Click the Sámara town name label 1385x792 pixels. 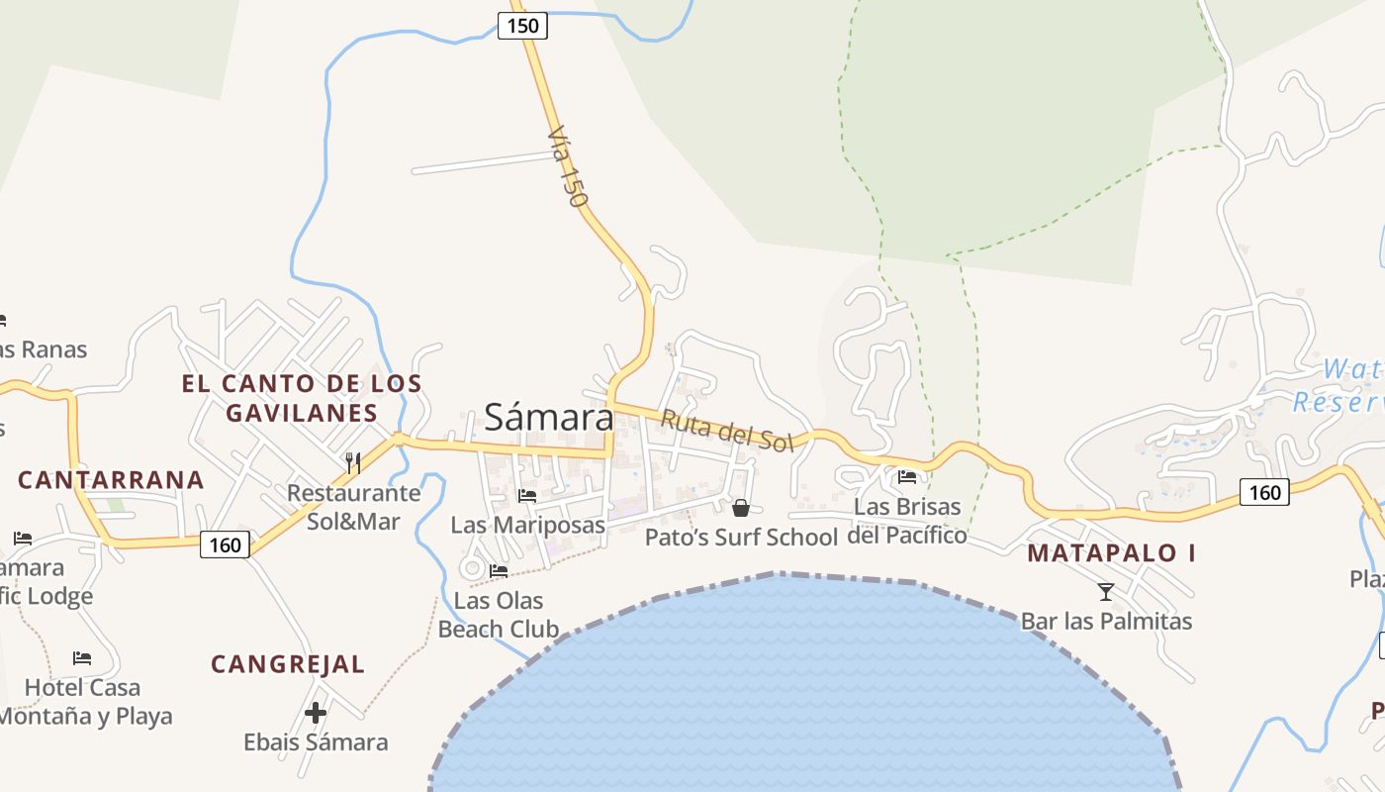[x=549, y=418]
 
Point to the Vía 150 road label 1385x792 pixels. [x=567, y=165]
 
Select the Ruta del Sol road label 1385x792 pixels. [x=727, y=431]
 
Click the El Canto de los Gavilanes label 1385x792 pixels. [x=302, y=398]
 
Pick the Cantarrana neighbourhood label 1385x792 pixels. [x=111, y=480]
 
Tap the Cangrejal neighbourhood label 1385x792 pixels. [x=288, y=664]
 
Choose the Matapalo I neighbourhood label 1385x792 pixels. [x=1111, y=553]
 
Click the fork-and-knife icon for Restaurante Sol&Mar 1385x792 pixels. [x=353, y=462]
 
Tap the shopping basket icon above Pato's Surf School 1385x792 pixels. [x=740, y=508]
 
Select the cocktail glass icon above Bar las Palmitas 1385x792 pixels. [x=1106, y=592]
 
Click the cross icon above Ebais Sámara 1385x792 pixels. [x=316, y=712]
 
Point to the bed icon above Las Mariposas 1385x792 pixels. [x=527, y=495]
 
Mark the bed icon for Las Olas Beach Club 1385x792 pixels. [x=499, y=570]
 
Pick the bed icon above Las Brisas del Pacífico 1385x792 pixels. [x=907, y=477]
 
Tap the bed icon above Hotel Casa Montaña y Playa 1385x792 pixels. [x=82, y=657]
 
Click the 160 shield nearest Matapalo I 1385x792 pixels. [x=1264, y=492]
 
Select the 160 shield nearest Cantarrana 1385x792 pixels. [x=225, y=544]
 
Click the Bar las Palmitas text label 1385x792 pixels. [x=1106, y=622]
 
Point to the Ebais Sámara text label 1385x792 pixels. [x=316, y=742]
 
